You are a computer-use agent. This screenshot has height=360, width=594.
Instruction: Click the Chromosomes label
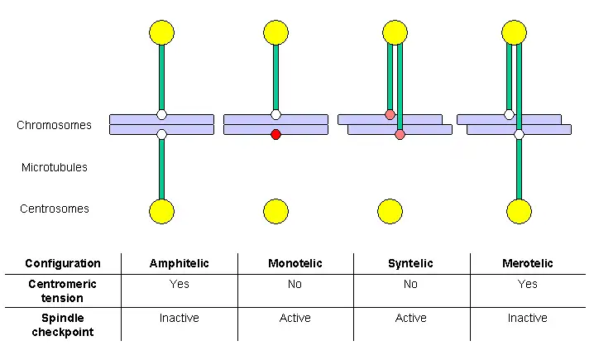click(54, 125)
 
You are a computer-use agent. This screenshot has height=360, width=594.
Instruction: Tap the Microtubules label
click(55, 167)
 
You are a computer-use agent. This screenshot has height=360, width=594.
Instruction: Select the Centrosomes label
click(55, 209)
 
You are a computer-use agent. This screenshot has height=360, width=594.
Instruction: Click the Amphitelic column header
click(180, 263)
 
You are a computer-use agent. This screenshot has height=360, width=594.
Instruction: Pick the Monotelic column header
click(295, 263)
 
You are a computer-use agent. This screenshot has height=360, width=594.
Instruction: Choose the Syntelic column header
click(410, 263)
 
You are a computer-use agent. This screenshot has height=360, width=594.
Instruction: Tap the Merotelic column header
click(528, 263)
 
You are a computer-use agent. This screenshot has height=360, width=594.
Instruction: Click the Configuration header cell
click(63, 263)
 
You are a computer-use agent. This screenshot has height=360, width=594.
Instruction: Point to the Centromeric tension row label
click(63, 291)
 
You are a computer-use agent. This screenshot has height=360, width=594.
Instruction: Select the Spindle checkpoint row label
click(63, 324)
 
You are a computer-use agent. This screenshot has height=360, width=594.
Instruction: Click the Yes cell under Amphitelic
click(180, 284)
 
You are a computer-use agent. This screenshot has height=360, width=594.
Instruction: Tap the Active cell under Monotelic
click(295, 318)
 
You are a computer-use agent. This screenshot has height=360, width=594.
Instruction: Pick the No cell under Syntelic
click(410, 284)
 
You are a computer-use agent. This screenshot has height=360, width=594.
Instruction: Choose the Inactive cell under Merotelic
click(528, 318)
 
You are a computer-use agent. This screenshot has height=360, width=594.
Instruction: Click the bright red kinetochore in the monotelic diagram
click(275, 135)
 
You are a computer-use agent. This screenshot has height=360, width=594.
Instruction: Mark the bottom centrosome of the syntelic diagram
click(390, 211)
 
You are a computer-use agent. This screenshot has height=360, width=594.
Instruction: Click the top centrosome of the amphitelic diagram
click(162, 32)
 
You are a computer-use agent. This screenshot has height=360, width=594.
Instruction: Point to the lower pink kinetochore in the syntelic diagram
click(400, 135)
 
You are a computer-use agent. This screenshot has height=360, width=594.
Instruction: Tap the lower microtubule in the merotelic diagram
click(519, 170)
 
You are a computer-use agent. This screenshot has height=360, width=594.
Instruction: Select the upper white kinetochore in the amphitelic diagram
click(162, 114)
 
